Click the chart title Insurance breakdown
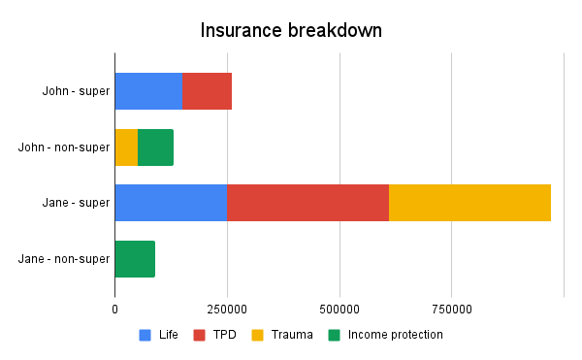pyautogui.click(x=291, y=30)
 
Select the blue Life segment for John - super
pyautogui.click(x=148, y=91)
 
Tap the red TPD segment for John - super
pyautogui.click(x=207, y=91)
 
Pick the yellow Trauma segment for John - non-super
pyautogui.click(x=126, y=147)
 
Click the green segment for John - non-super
pyautogui.click(x=155, y=147)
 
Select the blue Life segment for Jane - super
pyautogui.click(x=171, y=203)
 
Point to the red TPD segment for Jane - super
pyautogui.click(x=307, y=203)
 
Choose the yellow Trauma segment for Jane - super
pyautogui.click(x=469, y=203)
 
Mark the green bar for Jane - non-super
pyautogui.click(x=135, y=259)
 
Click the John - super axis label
pyautogui.click(x=76, y=91)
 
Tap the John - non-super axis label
pyautogui.click(x=64, y=147)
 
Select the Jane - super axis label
pyautogui.click(x=76, y=203)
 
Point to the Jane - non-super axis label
pyautogui.click(x=64, y=259)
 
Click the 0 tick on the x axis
pyautogui.click(x=114, y=309)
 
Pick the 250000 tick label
pyautogui.click(x=227, y=309)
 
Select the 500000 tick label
pyautogui.click(x=339, y=309)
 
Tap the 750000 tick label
pyautogui.click(x=452, y=309)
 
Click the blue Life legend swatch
pyautogui.click(x=145, y=335)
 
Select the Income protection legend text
pyautogui.click(x=395, y=335)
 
